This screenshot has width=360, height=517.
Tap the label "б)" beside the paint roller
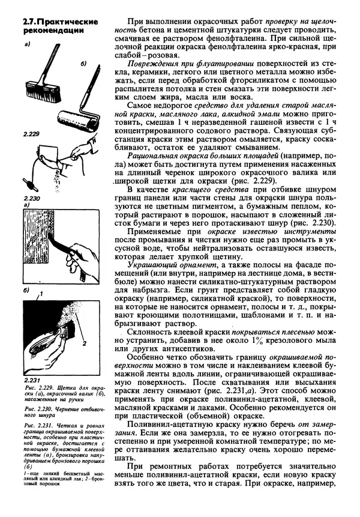click(x=84, y=62)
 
